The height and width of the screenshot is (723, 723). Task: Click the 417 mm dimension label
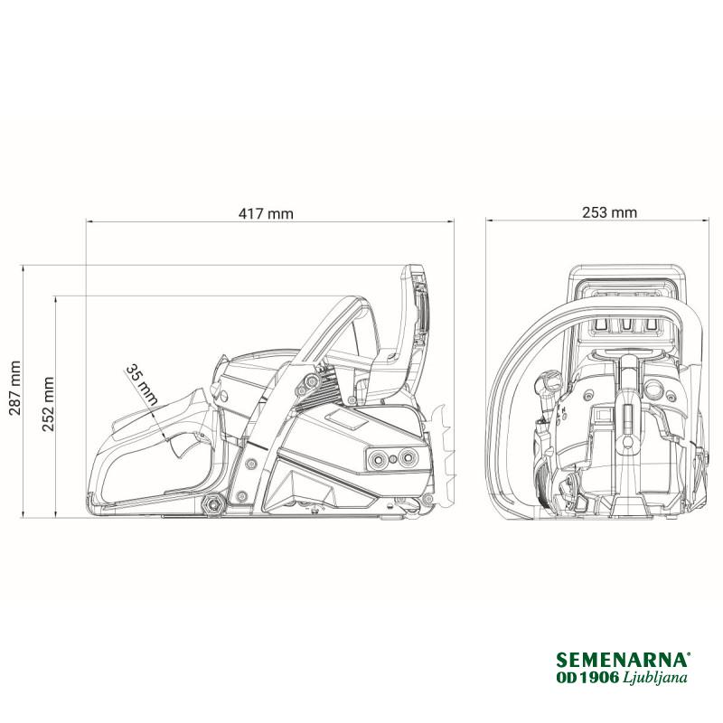(266, 213)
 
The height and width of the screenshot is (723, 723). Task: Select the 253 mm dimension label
(609, 212)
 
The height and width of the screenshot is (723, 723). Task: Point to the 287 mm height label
(14, 388)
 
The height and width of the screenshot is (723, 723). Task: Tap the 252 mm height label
(48, 404)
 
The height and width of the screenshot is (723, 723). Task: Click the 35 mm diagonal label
(143, 385)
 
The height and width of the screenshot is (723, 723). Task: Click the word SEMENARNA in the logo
(623, 660)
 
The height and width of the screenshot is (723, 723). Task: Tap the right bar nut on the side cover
(408, 458)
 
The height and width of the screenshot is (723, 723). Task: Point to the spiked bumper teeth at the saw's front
(443, 455)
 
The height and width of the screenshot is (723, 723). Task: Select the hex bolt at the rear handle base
(213, 504)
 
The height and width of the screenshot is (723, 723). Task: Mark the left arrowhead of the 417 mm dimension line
(89, 221)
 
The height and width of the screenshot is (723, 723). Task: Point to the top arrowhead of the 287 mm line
(23, 268)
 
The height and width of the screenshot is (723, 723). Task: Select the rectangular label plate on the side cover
(346, 419)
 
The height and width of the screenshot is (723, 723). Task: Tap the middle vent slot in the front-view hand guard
(625, 325)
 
